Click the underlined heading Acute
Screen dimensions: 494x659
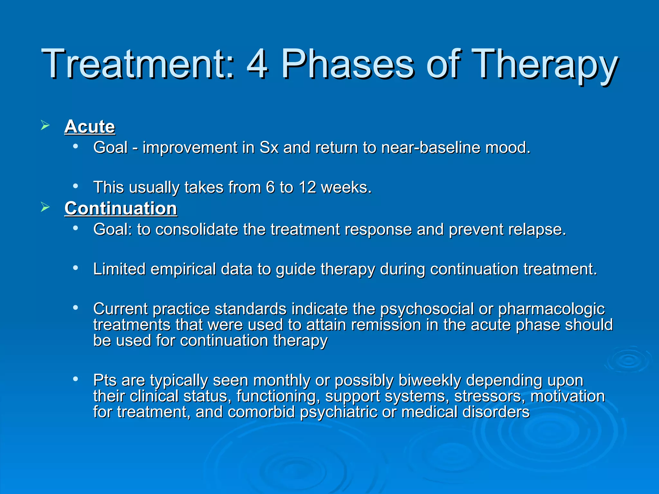90,126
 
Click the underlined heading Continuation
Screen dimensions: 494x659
121,208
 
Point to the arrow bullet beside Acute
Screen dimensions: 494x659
45,125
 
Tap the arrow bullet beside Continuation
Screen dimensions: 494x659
45,207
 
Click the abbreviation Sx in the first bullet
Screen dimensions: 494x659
269,148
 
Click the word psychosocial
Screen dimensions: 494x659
427,309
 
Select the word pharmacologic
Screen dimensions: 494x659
552,309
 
